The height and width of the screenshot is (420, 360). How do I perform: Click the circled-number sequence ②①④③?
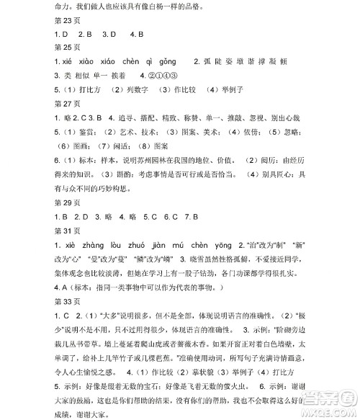click(163, 76)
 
